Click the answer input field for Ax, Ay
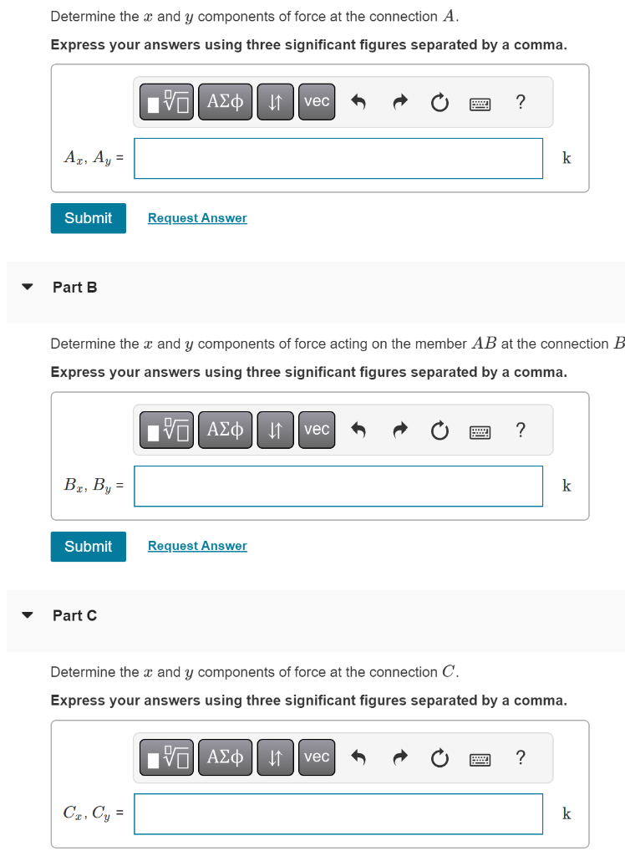coord(338,158)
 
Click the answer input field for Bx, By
coord(338,486)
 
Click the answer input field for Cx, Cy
coord(338,813)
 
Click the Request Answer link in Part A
coord(197,218)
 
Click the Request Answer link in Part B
coord(197,546)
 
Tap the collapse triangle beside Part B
coord(28,287)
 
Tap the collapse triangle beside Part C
coord(28,615)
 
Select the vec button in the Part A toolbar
coord(317,102)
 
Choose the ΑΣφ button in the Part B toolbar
coord(225,430)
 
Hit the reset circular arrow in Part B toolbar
coord(440,431)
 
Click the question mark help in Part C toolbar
coord(521,757)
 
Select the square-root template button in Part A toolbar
coord(168,102)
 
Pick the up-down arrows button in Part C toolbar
coord(274,757)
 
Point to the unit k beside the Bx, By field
coord(567,486)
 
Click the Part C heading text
coord(74,615)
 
